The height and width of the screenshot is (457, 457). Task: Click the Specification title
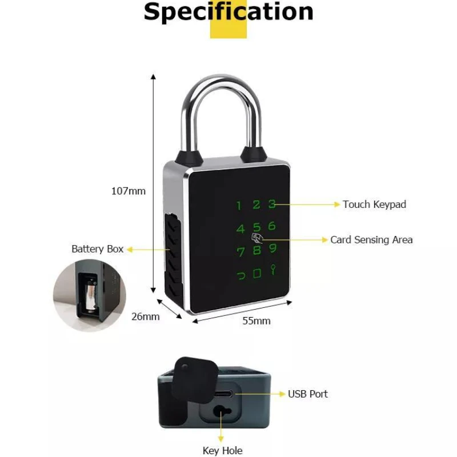pyautogui.click(x=228, y=12)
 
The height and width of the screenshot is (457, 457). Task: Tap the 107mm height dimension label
pyautogui.click(x=128, y=191)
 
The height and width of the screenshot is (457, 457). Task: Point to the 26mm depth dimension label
pyautogui.click(x=145, y=316)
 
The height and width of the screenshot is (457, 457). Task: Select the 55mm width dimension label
pyautogui.click(x=256, y=321)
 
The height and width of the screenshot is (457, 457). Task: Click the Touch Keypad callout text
pyautogui.click(x=374, y=204)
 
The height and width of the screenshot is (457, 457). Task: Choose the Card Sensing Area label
pyautogui.click(x=371, y=239)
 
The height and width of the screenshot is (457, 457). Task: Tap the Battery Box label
pyautogui.click(x=98, y=249)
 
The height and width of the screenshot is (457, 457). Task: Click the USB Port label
pyautogui.click(x=307, y=394)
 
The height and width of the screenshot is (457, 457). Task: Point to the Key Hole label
pyautogui.click(x=222, y=451)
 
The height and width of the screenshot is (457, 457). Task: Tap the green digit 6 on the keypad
pyautogui.click(x=271, y=226)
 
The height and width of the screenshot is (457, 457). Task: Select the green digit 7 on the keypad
pyautogui.click(x=240, y=252)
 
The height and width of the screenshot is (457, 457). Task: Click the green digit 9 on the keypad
pyautogui.click(x=273, y=248)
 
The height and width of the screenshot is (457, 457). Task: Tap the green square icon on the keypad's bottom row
pyautogui.click(x=258, y=273)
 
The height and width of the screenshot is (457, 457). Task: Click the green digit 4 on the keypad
pyautogui.click(x=240, y=229)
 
